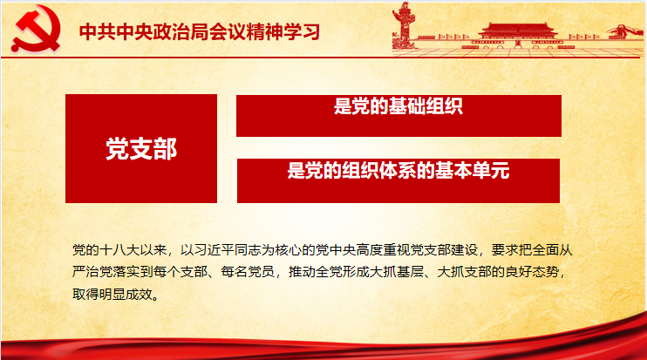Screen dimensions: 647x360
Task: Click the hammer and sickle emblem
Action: click(x=36, y=28)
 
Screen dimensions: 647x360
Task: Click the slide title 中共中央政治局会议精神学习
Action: click(x=200, y=31)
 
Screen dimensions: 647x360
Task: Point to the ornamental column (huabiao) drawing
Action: click(x=404, y=24)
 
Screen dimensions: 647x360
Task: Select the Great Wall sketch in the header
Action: click(x=624, y=31)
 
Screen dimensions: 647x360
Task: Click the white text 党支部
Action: click(x=141, y=148)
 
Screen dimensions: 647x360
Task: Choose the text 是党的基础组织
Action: click(x=398, y=106)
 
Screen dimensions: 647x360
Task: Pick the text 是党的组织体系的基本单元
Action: click(x=398, y=170)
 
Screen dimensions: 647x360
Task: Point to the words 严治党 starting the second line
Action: click(x=92, y=272)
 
